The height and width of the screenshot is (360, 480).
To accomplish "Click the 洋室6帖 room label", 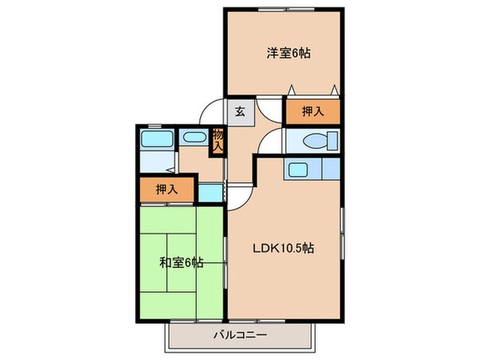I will (289, 54).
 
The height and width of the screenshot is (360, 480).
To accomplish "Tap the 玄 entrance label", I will (239, 112).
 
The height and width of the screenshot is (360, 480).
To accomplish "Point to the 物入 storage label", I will (217, 141).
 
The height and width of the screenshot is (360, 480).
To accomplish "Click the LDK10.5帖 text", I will (284, 248).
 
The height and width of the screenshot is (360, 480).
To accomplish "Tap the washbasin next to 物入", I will (193, 138).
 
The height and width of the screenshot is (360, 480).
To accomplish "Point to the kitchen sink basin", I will (298, 170).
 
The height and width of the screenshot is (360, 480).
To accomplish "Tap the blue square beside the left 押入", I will (207, 192).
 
